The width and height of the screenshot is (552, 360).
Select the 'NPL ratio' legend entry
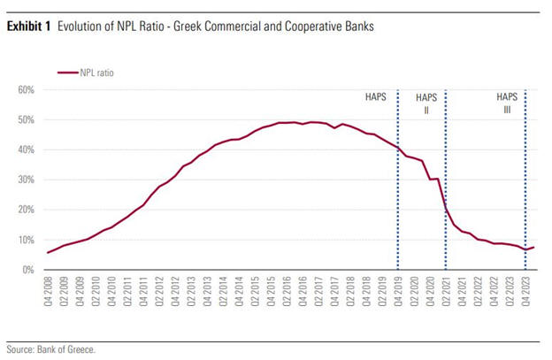pos(96,73)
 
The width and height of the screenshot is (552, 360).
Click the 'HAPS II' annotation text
pos(425,103)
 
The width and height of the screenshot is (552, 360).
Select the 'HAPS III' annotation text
pos(506,103)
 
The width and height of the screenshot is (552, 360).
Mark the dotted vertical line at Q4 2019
pos(398,195)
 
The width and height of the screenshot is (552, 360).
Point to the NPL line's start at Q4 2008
pos(49,253)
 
